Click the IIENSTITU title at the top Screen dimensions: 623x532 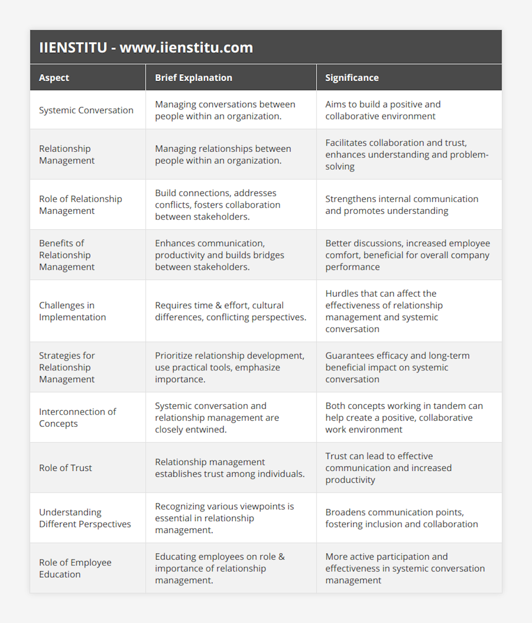tap(146, 47)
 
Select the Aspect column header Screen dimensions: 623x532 tap(54, 78)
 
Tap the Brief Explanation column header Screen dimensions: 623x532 tap(193, 78)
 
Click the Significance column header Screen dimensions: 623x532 tap(352, 78)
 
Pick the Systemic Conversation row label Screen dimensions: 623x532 tap(86, 110)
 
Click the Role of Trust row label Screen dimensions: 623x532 tap(66, 468)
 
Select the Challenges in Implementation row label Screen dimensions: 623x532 tap(72, 311)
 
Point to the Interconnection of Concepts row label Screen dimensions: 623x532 tap(77, 417)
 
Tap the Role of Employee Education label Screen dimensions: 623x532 tap(75, 568)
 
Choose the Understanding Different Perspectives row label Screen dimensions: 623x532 tap(85, 518)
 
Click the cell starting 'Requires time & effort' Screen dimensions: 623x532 tap(231, 311)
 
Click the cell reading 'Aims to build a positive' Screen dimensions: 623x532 tap(383, 110)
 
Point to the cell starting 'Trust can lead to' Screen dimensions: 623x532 tap(388, 468)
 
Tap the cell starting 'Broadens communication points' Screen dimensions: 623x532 tap(401, 518)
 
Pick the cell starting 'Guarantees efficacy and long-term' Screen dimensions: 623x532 tap(397, 367)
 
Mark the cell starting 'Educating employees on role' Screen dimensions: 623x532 tap(220, 568)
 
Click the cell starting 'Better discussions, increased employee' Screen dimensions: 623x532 tap(407, 255)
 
